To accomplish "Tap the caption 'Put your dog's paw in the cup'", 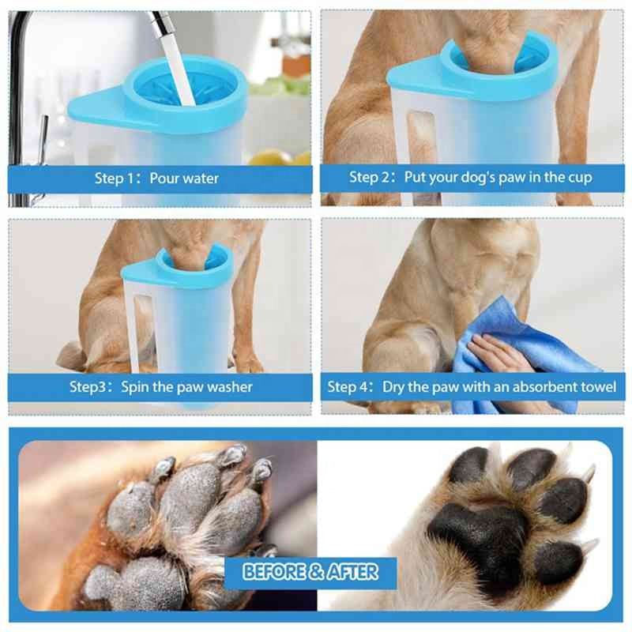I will (x=470, y=178).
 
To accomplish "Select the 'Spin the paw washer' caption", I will (x=160, y=387).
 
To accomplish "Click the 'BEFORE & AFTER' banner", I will (x=310, y=571).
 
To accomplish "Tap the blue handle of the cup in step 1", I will (x=95, y=107).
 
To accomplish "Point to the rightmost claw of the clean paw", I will (x=589, y=546).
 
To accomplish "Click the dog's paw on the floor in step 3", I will (x=246, y=363).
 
